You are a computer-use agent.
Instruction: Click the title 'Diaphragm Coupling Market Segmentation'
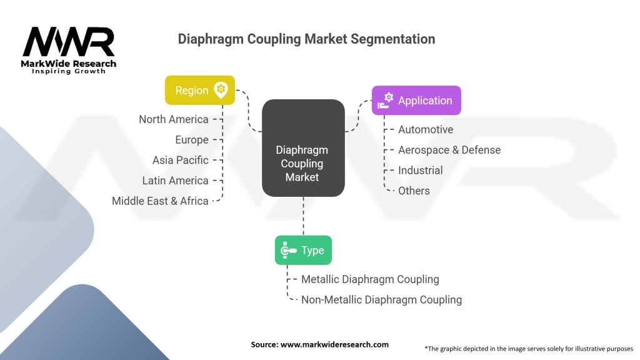click(306, 39)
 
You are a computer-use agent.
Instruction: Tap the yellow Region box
click(200, 90)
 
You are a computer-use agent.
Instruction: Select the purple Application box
click(416, 100)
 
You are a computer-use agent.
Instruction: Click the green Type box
click(303, 250)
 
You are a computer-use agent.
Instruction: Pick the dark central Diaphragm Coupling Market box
click(303, 148)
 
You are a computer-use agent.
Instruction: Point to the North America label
click(174, 119)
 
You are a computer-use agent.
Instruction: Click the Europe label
click(192, 139)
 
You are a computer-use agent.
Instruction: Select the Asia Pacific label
click(181, 160)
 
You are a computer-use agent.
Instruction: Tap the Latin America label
click(176, 181)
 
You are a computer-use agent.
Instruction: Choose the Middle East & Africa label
click(160, 201)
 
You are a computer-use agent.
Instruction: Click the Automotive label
click(426, 129)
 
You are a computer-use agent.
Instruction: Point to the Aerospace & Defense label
click(449, 150)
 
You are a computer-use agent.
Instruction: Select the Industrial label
click(420, 170)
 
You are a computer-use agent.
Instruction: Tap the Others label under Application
click(414, 191)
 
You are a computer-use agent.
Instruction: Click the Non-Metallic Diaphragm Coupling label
click(381, 299)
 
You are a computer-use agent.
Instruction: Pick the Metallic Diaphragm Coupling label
click(370, 279)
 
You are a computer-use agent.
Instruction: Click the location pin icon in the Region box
click(221, 89)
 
